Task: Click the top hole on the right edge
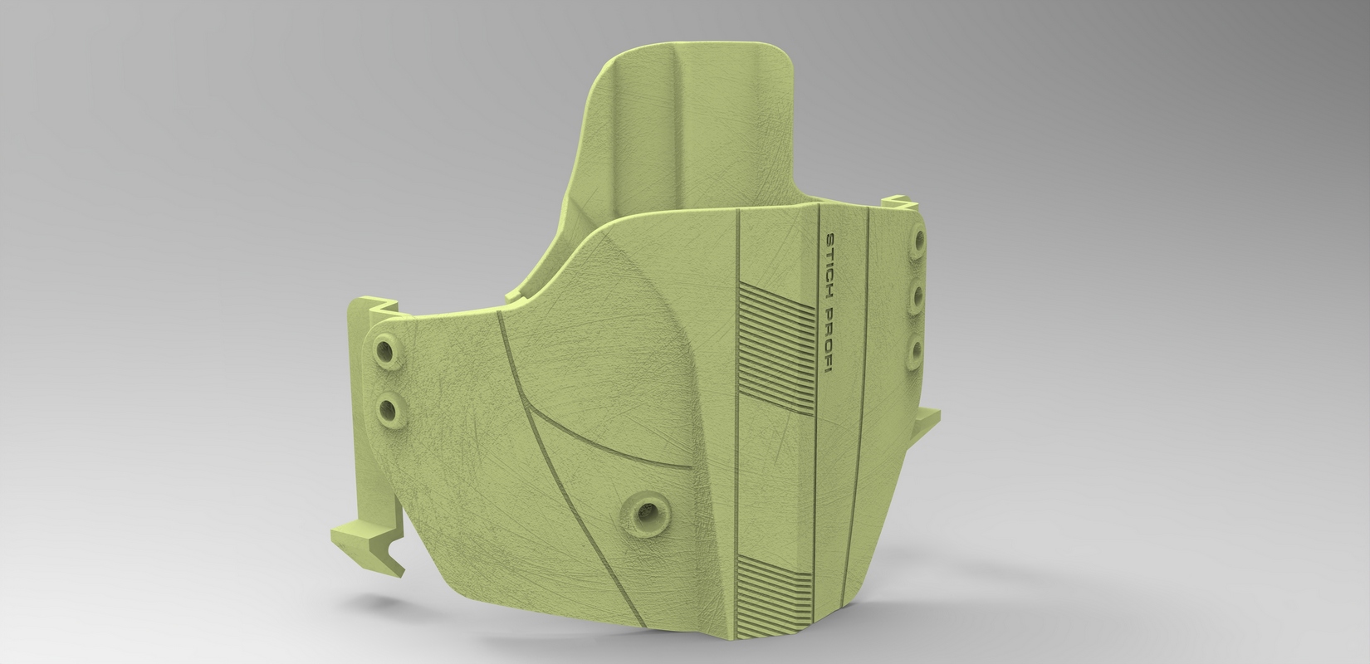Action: [917, 241]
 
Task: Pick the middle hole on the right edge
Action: [916, 298]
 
